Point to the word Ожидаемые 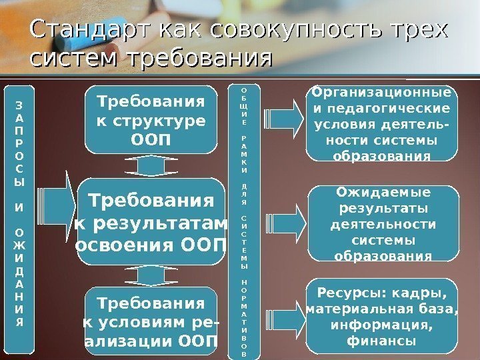click(x=383, y=193)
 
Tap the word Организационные click(x=382, y=93)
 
